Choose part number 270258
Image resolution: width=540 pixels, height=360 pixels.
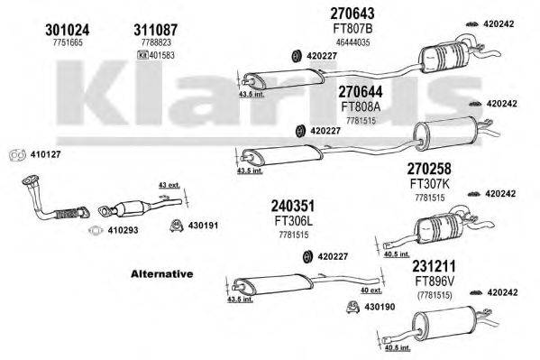click(x=429, y=169)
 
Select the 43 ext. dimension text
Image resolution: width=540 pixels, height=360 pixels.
click(x=169, y=186)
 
